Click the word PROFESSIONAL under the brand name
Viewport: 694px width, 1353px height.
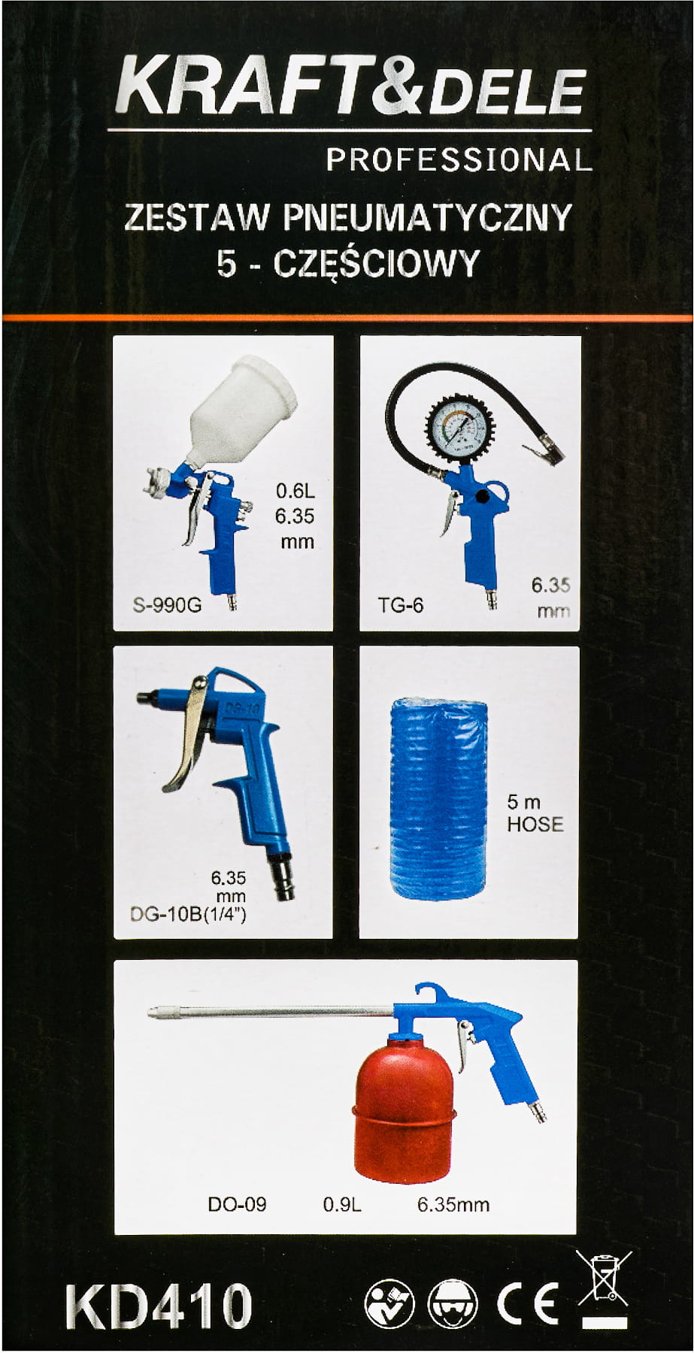[x=459, y=159]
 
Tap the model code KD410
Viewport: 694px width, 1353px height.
[x=159, y=1306]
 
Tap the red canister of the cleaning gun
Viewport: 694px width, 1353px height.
[x=405, y=1108]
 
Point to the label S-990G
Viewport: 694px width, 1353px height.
[x=167, y=605]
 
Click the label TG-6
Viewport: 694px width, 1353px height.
[x=401, y=605]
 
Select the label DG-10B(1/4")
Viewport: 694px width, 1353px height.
[x=188, y=915]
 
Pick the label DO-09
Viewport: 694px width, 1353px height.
[x=237, y=1204]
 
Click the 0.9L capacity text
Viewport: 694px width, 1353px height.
[x=342, y=1204]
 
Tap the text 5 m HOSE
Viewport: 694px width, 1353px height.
[x=535, y=813]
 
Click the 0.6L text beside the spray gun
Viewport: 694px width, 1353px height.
[x=295, y=491]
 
